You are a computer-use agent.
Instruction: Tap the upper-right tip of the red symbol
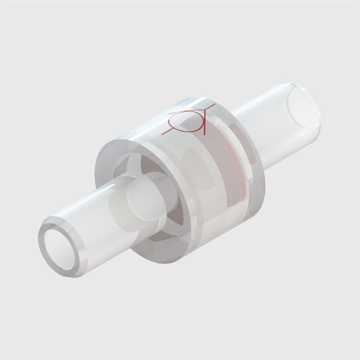point(214,105)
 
